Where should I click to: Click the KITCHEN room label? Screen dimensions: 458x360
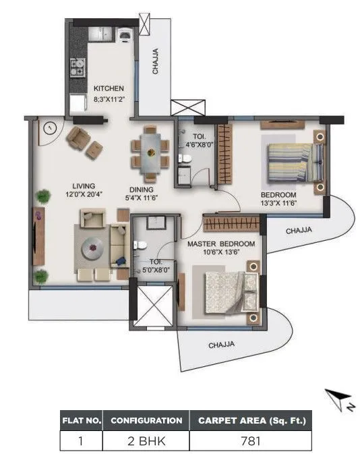(108, 88)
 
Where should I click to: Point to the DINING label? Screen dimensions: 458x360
(143, 190)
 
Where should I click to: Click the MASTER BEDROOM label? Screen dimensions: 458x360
(220, 244)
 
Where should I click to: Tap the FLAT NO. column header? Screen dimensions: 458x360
(81, 420)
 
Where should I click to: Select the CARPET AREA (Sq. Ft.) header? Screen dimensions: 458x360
(251, 420)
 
